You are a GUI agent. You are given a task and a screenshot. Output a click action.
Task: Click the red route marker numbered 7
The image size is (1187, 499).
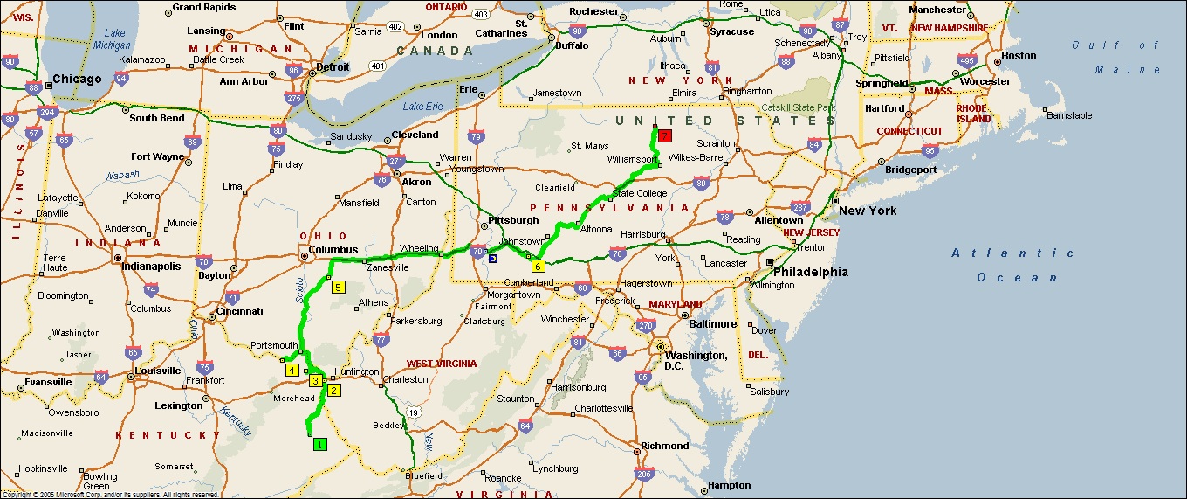coord(665,135)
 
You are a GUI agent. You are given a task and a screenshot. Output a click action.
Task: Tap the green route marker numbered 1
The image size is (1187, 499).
coord(319,444)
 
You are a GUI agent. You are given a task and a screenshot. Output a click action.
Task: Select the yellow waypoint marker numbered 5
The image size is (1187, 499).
coord(338,286)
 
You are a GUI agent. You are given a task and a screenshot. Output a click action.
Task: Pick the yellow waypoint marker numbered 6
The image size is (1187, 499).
coord(538,267)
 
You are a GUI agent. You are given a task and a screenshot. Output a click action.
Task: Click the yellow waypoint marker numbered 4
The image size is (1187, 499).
coord(292,370)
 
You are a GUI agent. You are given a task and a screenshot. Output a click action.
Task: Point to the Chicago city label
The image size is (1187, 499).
coord(77,79)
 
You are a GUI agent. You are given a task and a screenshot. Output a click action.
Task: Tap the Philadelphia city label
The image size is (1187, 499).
coord(810,272)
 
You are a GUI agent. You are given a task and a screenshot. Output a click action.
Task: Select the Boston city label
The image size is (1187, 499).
coord(1019,56)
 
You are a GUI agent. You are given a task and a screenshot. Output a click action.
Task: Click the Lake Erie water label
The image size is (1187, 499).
coord(422,107)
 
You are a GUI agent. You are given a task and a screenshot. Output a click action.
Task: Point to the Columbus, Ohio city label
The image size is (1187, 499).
coord(333,250)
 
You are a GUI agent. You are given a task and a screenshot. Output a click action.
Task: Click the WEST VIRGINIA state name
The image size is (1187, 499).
coord(442,364)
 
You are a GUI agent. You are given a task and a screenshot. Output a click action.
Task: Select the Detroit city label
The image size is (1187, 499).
coord(333,66)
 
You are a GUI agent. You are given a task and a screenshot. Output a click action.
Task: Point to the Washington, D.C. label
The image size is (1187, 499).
coord(695,360)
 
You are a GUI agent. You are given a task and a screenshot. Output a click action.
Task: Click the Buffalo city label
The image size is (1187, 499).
coord(572,45)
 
